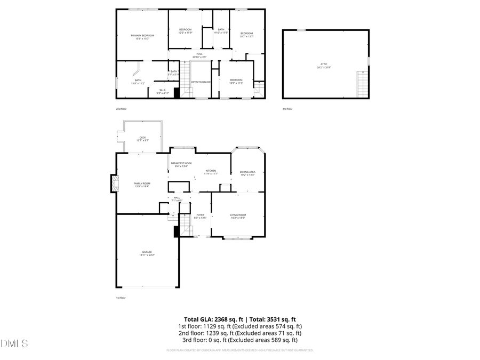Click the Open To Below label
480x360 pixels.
point(201,82)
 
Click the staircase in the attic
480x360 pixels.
point(363,84)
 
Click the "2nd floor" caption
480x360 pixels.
point(122,109)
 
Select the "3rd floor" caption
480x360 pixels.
point(287,109)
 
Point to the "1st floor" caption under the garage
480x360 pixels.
point(121,298)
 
